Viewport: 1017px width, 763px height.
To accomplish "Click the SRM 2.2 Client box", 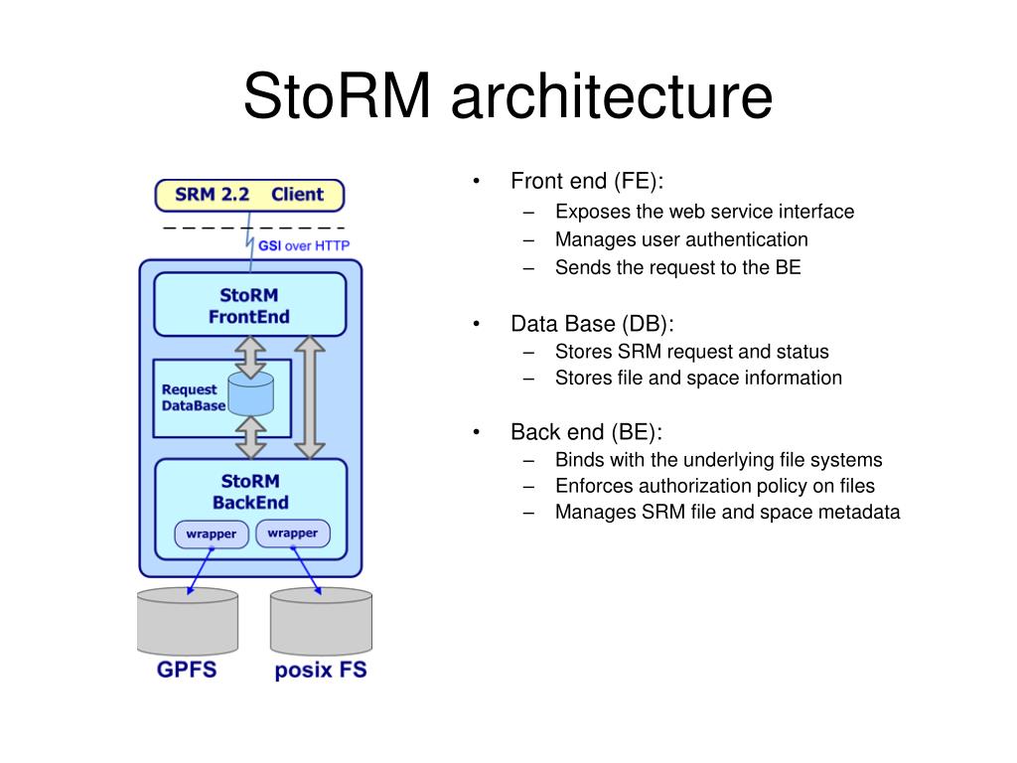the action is (x=249, y=196).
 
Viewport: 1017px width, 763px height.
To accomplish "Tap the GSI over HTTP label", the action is (x=304, y=246).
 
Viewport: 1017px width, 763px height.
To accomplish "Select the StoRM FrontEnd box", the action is (x=249, y=304).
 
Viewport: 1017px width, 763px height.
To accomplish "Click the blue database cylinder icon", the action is (x=251, y=393).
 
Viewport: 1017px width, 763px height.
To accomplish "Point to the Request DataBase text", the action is (x=194, y=397).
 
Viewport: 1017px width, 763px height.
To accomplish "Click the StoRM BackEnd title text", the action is (x=250, y=492).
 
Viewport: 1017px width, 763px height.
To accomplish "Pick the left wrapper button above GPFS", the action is (x=212, y=534).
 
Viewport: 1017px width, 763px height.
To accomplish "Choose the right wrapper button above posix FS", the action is (x=293, y=534).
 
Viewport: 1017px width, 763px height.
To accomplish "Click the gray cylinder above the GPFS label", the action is (x=188, y=621).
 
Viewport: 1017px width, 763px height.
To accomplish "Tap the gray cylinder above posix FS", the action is (x=321, y=621).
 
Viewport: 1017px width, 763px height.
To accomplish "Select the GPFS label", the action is (x=187, y=670).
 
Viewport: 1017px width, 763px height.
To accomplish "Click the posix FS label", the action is (x=321, y=671).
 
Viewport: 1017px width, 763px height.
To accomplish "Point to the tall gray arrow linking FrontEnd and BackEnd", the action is (x=310, y=397).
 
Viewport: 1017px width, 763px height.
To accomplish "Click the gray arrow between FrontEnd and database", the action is (x=250, y=358).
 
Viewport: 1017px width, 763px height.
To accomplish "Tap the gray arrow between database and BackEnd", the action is (x=251, y=437).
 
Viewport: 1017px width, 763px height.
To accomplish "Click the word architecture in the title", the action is (x=612, y=96).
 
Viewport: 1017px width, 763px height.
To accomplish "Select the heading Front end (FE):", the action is (x=587, y=181).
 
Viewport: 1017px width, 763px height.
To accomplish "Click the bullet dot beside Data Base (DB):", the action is (x=477, y=323).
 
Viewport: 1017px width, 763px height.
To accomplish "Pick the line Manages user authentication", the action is (x=681, y=239).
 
